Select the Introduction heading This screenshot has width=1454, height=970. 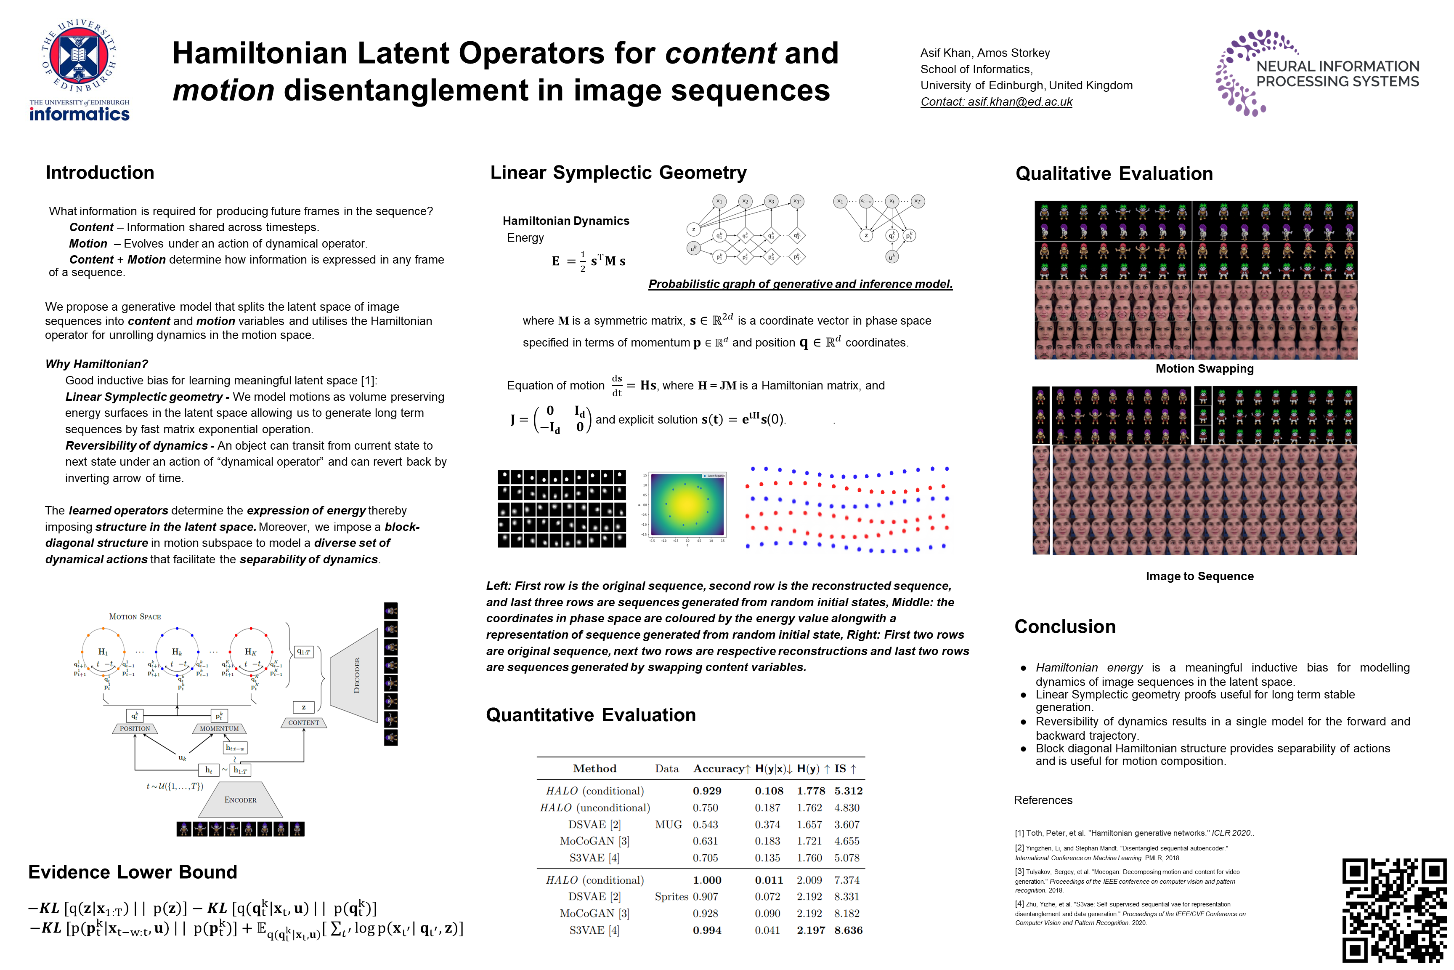point(100,173)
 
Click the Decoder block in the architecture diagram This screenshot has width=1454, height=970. point(356,676)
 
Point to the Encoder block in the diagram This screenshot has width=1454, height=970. point(241,800)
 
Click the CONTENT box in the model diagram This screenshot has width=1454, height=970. point(303,722)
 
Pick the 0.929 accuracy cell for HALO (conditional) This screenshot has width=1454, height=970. point(707,791)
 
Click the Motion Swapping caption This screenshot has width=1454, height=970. point(1204,369)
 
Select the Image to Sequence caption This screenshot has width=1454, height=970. point(1199,576)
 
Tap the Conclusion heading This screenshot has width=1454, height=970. point(1064,626)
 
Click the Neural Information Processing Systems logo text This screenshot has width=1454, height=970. point(1337,74)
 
